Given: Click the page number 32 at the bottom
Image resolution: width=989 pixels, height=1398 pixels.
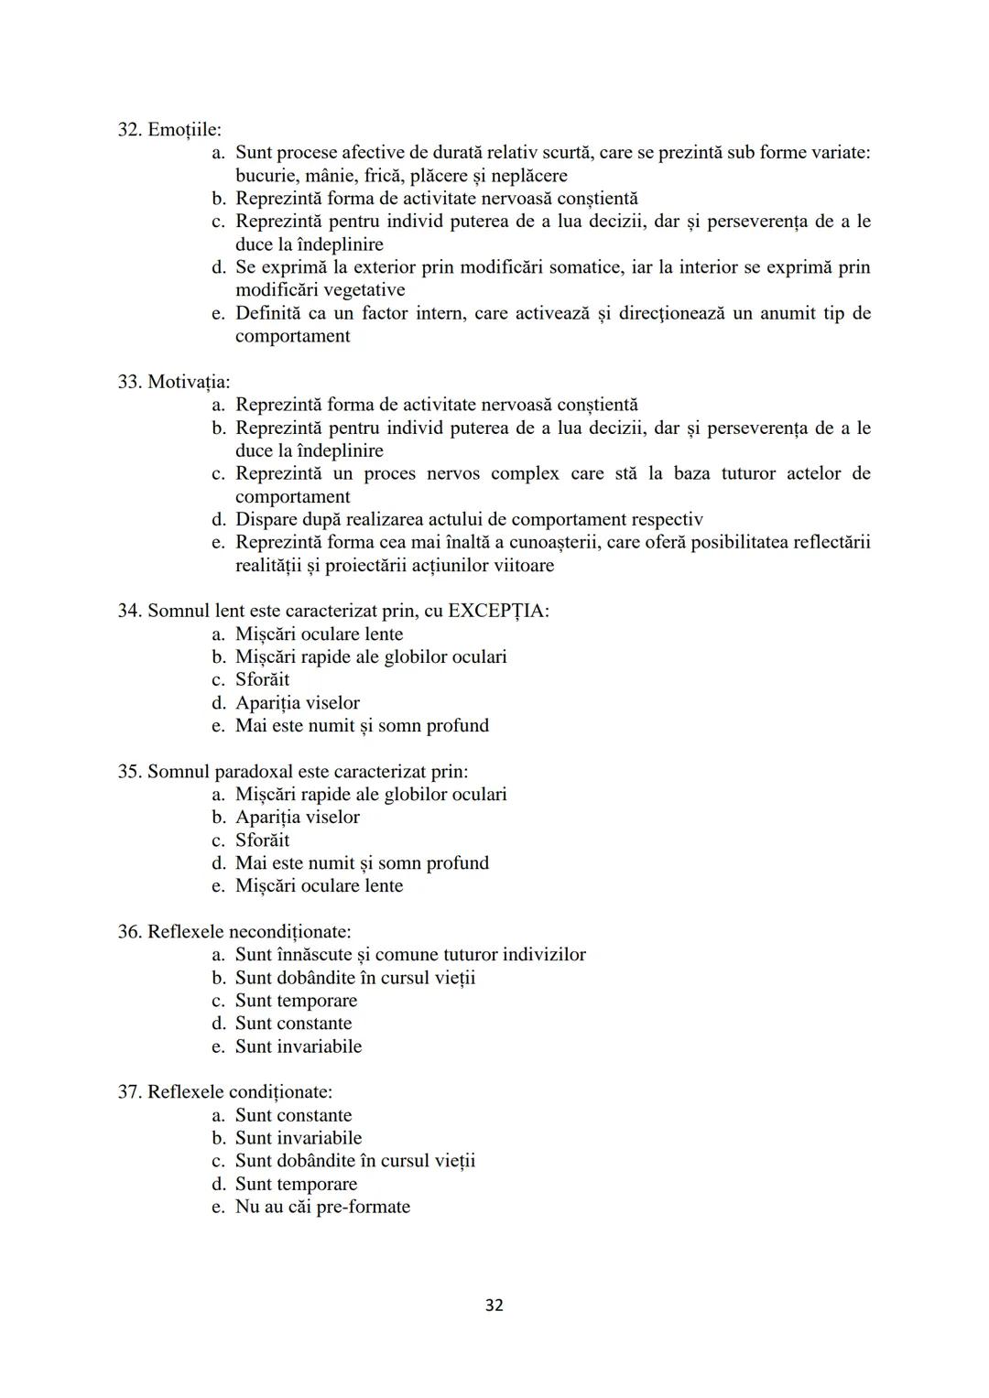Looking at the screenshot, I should pos(494,1305).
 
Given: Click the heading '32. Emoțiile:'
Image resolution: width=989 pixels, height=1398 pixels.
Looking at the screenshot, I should pos(169,130).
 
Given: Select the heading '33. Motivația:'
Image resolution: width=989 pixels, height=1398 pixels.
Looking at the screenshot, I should pos(174,382).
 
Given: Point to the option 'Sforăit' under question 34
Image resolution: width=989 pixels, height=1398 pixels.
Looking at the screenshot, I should pos(262,679).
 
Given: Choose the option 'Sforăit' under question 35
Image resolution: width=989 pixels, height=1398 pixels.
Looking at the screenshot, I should pos(262,840).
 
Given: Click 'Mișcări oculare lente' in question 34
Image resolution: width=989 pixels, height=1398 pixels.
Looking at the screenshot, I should pos(319,634).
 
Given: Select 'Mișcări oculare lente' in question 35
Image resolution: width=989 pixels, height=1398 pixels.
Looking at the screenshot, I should pos(319,886).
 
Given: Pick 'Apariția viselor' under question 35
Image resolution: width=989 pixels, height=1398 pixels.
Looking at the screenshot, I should pos(297,818).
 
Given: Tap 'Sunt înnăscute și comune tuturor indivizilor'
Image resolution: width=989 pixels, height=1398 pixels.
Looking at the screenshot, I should pos(410,955).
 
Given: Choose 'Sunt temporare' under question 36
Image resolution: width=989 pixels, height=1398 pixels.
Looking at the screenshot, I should pos(296,1001).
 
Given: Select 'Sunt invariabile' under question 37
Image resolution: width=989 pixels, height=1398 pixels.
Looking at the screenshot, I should pos(298,1138).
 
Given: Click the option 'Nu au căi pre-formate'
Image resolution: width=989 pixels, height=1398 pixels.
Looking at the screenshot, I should pos(322,1207).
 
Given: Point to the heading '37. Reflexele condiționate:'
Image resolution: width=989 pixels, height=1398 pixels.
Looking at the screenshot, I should pos(224,1092).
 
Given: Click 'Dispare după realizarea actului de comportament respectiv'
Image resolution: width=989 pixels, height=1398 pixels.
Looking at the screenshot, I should pos(469,519).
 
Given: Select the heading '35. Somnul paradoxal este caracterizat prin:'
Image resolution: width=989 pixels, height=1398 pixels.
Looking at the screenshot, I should pos(293,772).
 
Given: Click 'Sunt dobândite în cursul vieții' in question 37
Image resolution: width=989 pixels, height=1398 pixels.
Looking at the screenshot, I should pos(355,1161).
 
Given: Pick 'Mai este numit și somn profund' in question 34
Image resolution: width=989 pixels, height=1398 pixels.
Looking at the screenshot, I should pos(362,726).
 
